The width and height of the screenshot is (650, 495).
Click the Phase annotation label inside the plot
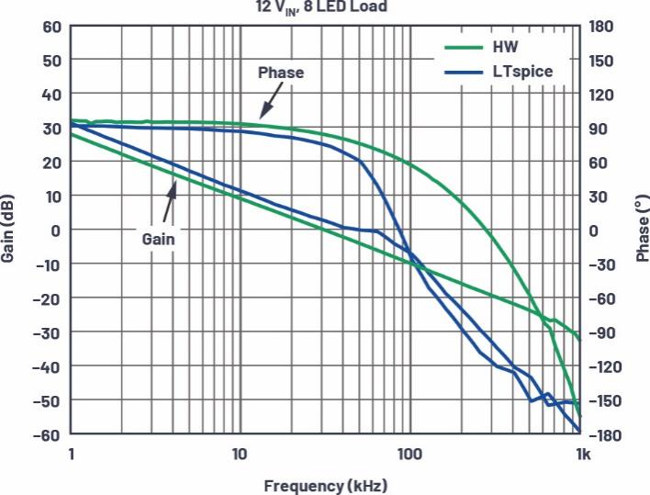[x=280, y=73]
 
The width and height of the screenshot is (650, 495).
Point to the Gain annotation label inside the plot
[x=158, y=238]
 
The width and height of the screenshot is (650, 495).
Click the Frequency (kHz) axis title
[x=326, y=485]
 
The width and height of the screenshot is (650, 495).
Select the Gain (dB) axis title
[x=8, y=230]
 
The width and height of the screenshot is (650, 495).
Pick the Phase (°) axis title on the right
[x=641, y=230]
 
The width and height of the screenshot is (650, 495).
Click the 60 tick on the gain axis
[x=51, y=27]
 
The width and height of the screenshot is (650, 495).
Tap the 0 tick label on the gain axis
[x=56, y=230]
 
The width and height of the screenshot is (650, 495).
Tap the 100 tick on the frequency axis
[x=409, y=453]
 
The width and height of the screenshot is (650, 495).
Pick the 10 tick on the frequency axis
[x=240, y=453]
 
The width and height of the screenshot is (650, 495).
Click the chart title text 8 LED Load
[x=349, y=6]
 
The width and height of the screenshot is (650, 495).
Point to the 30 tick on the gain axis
[x=51, y=129]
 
